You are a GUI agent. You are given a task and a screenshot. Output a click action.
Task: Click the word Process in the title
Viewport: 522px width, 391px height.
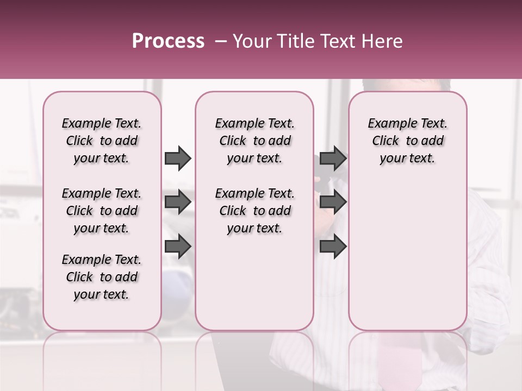point(168,41)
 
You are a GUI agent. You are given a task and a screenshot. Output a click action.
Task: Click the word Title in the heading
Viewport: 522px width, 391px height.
point(293,41)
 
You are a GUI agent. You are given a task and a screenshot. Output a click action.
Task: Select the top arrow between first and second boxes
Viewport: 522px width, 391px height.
point(178,159)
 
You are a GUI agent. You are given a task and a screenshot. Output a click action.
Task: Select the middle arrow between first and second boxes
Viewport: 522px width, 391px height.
point(178,202)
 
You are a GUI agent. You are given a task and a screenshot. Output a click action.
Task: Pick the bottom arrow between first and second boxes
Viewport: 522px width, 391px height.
point(178,247)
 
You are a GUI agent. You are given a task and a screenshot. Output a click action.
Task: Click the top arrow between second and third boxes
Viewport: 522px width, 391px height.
point(333,159)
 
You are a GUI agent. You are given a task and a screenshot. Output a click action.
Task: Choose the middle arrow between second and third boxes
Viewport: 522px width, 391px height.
point(333,202)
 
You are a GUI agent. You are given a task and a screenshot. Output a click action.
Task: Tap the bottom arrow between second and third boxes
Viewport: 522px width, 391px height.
point(333,247)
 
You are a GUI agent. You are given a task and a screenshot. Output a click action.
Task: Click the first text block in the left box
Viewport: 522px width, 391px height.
point(102,141)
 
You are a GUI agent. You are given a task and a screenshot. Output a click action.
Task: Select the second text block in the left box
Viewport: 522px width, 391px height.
point(102,211)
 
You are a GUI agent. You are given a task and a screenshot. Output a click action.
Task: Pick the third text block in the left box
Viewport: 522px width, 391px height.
point(102,277)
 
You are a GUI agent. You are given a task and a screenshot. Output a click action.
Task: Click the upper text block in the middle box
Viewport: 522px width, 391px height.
point(254,141)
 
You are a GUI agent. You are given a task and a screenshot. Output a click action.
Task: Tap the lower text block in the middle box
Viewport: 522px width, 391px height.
point(254,211)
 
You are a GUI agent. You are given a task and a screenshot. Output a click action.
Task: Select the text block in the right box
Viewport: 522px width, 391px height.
point(408,141)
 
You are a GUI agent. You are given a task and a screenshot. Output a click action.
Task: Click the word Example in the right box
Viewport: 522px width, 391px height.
point(388,124)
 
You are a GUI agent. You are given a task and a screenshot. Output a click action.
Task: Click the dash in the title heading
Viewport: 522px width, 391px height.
point(221,41)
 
